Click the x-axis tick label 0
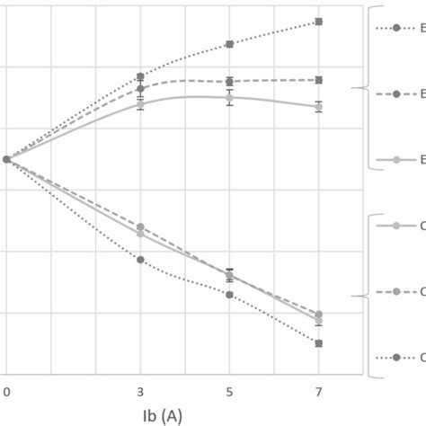[x=6, y=392]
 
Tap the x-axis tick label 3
[x=140, y=392]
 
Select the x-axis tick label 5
[x=229, y=392]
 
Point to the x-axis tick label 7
[x=319, y=392]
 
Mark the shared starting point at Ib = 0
[x=6, y=159]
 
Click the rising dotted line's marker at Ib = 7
[x=319, y=22]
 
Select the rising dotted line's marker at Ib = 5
[x=229, y=44]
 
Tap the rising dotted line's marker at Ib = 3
[x=140, y=77]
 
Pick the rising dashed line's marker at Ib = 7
[x=319, y=80]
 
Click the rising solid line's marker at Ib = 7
[x=319, y=107]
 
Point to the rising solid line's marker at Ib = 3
[x=140, y=103]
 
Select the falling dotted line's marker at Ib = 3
[x=140, y=260]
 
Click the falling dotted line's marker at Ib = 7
[x=319, y=343]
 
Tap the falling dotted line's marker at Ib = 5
[x=229, y=295]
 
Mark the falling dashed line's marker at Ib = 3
[x=140, y=227]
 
